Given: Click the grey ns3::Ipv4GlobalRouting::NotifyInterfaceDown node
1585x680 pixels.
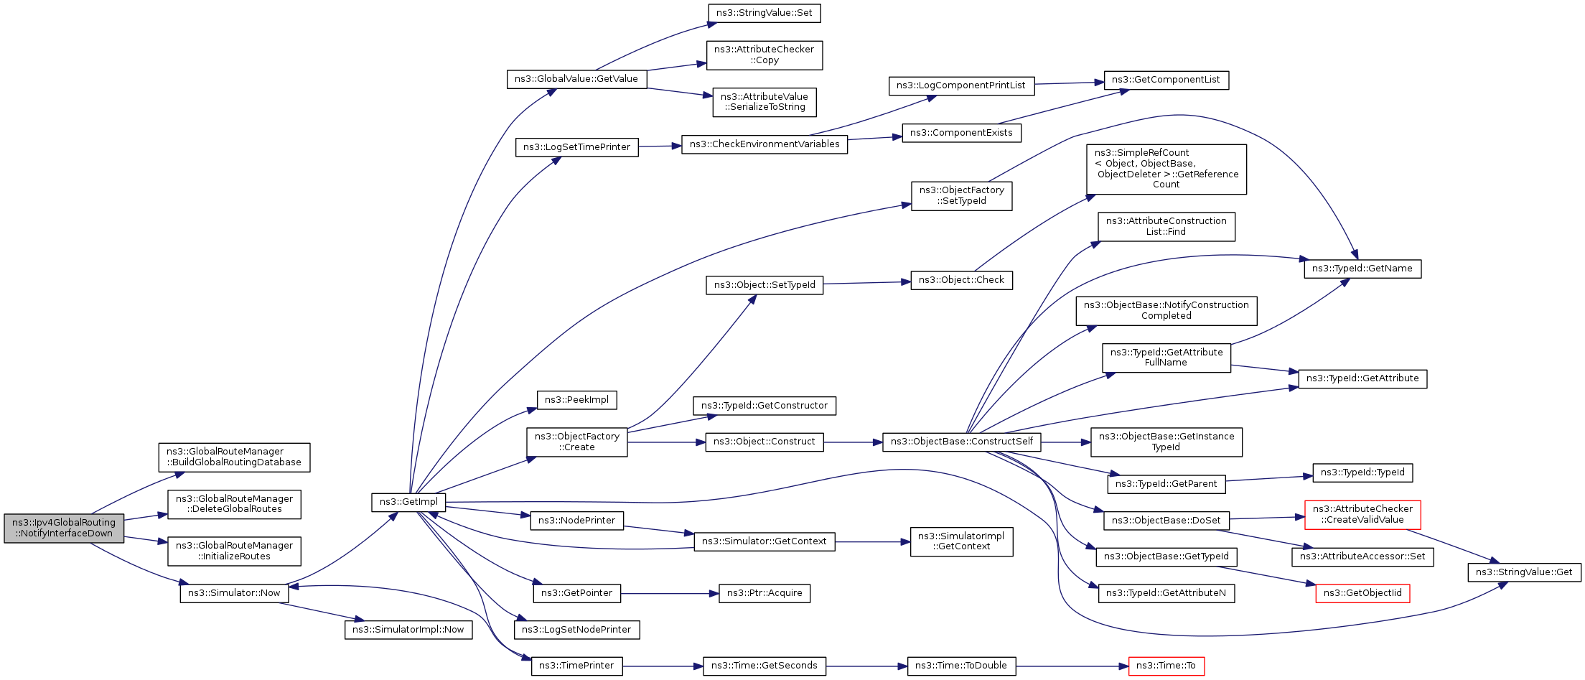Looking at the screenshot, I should tap(64, 528).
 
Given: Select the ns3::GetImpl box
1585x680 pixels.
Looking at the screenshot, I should tap(408, 502).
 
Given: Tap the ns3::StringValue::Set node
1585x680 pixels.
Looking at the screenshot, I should tap(764, 13).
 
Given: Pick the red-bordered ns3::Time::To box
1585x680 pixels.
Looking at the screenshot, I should tap(1166, 666).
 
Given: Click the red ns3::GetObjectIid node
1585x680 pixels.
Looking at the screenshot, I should tap(1362, 593).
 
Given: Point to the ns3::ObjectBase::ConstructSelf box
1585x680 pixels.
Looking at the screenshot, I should tap(961, 442).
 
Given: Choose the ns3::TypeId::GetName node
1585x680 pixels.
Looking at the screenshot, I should tap(1362, 269).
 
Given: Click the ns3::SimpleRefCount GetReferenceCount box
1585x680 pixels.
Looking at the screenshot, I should tap(1166, 169).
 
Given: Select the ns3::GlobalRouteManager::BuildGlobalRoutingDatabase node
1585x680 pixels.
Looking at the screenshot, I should tap(234, 457).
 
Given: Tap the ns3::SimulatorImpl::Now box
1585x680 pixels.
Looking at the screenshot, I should tap(408, 630).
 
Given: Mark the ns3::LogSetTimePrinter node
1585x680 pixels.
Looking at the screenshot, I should tap(576, 147).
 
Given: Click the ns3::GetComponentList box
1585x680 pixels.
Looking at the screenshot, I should tap(1165, 80).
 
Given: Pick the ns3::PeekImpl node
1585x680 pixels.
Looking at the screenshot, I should tap(576, 400).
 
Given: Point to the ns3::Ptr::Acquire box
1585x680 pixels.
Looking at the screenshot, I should tap(764, 593).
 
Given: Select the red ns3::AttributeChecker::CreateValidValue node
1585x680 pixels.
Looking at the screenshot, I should tap(1362, 514).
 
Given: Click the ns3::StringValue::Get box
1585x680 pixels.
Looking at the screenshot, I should tap(1523, 572).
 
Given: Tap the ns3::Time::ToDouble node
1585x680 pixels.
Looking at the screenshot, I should tap(960, 666).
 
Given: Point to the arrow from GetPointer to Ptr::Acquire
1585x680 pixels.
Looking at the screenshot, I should tap(669, 594).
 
